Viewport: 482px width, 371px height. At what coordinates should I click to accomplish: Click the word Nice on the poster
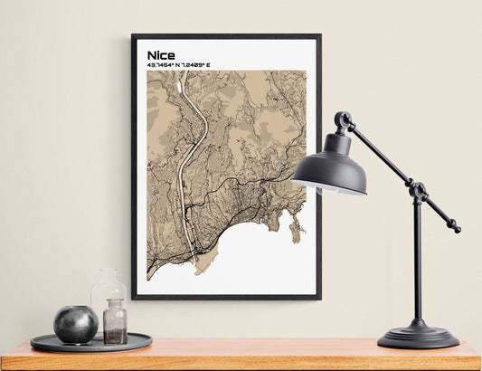click(161, 54)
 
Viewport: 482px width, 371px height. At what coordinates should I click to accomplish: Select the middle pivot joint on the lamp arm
click(418, 191)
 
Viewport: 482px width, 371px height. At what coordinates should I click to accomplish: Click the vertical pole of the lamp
click(417, 262)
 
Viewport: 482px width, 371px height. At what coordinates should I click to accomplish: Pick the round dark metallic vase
click(75, 324)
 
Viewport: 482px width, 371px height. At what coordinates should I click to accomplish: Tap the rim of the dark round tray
click(90, 347)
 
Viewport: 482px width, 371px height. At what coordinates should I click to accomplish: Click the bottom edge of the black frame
click(226, 297)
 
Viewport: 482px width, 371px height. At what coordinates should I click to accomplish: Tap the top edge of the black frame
click(226, 36)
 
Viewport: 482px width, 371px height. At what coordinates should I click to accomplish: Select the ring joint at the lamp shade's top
click(343, 119)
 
